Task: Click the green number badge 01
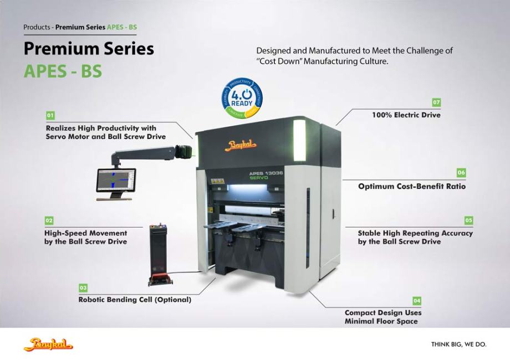click(x=50, y=115)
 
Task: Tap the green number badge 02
click(x=49, y=220)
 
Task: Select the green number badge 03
click(x=83, y=288)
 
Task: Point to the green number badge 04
click(x=417, y=301)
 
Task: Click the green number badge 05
click(x=468, y=220)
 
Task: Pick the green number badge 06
click(x=461, y=173)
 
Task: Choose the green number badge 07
click(x=436, y=102)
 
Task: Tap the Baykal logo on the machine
click(x=242, y=146)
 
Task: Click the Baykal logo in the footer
click(x=48, y=344)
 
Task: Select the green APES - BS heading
click(x=63, y=71)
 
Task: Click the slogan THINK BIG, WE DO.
click(x=458, y=344)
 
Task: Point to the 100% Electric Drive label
click(x=406, y=115)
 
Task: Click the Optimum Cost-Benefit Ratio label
click(x=411, y=186)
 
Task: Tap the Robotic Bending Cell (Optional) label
click(x=135, y=300)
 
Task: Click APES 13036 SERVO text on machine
click(x=266, y=176)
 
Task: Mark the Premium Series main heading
click(x=89, y=49)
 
